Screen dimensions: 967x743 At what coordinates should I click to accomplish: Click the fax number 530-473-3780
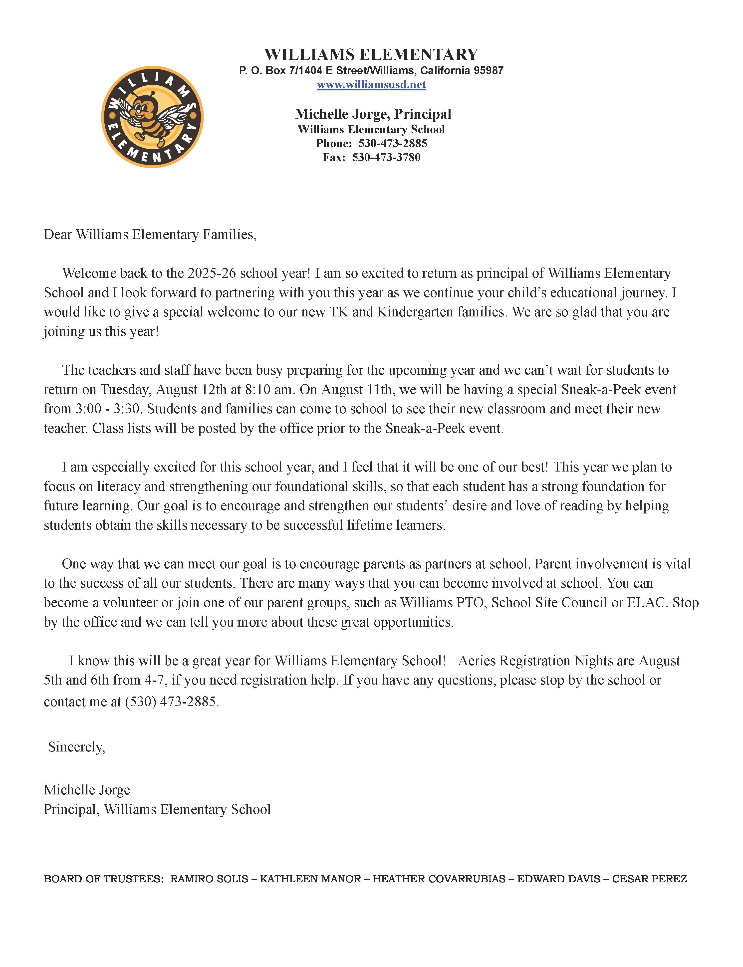tap(386, 157)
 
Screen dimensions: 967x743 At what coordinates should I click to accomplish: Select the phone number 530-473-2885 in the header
tap(393, 143)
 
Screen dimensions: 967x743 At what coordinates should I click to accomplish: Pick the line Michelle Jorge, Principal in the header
tap(373, 114)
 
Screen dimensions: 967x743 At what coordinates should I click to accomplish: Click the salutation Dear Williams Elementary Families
tap(150, 234)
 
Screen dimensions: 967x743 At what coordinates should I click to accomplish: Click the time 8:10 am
tap(268, 390)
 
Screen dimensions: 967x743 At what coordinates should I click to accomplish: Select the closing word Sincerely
tap(76, 747)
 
